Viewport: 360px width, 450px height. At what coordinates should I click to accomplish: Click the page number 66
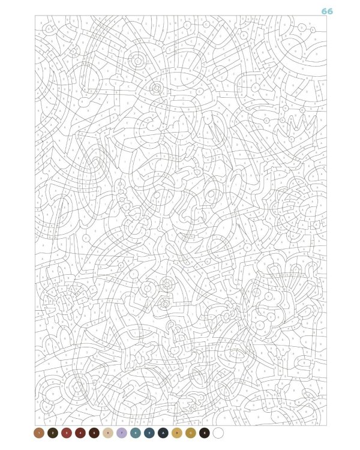tap(327, 11)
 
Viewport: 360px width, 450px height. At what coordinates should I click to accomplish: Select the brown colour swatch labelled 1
tap(39, 432)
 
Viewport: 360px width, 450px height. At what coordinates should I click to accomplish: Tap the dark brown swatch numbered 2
tap(53, 432)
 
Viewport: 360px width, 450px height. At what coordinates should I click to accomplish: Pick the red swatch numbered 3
tap(67, 432)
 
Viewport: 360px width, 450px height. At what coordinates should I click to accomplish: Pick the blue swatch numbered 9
tap(149, 432)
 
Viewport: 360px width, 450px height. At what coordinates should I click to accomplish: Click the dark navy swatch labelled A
tap(163, 432)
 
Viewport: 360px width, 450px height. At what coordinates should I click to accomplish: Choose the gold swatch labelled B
tap(177, 432)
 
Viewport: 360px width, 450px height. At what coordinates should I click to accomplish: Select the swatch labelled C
tap(191, 432)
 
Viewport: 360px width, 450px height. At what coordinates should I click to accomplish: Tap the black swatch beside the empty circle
tap(205, 432)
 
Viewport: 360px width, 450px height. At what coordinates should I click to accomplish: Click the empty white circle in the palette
tap(218, 432)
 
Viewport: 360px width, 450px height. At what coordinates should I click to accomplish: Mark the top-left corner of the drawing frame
tap(35, 16)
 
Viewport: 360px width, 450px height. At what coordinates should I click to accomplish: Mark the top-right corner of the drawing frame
tap(327, 16)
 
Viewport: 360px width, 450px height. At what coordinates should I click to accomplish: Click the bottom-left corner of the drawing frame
tap(35, 425)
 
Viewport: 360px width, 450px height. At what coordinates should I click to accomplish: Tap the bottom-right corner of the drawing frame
tap(327, 425)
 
